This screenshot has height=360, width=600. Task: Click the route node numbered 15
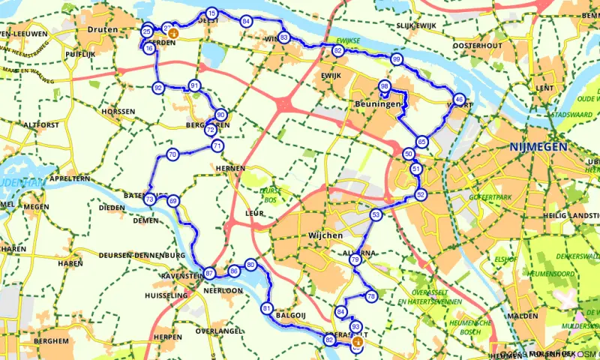212,14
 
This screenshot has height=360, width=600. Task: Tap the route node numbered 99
397,59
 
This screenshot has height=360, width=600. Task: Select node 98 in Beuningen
384,86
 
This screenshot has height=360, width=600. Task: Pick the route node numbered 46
459,98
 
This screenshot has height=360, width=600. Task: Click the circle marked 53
375,214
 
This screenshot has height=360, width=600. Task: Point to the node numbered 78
370,297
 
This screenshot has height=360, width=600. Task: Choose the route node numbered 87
209,273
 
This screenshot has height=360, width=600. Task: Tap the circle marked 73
150,199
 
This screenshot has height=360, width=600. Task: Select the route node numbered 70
172,155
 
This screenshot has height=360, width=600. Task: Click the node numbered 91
195,85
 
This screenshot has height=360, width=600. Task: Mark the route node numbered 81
266,308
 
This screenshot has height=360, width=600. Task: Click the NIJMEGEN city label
538,147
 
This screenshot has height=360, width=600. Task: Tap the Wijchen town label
325,235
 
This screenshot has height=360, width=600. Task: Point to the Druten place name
103,29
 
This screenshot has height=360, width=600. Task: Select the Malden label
522,316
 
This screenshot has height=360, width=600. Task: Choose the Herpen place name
167,337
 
